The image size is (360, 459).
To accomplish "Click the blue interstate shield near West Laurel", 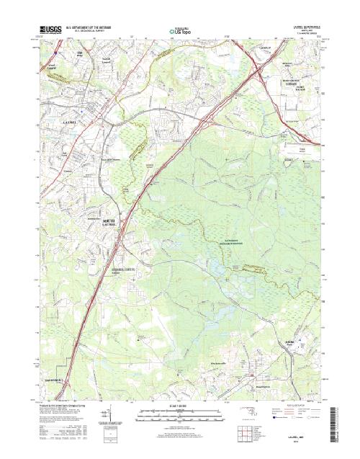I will [57, 52].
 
